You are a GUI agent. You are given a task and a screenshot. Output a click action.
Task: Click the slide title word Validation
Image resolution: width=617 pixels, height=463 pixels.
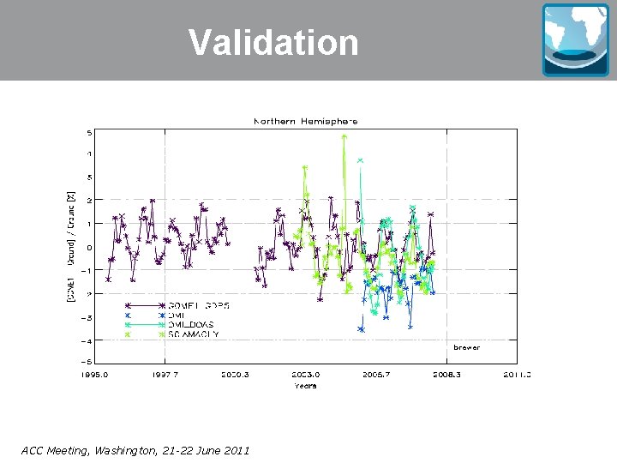[x=273, y=42]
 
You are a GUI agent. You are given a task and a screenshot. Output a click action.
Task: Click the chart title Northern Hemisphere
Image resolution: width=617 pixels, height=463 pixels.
[x=305, y=121]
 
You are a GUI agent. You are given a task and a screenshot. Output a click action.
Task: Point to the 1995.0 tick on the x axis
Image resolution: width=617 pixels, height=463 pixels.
[x=94, y=375]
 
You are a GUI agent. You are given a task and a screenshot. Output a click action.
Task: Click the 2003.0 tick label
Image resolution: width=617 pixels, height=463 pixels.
[x=306, y=375]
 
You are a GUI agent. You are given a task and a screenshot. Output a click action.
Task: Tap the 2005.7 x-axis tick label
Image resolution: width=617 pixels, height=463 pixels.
[x=376, y=375]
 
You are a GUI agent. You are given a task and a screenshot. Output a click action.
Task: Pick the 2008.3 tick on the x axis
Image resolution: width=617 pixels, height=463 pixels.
[x=446, y=375]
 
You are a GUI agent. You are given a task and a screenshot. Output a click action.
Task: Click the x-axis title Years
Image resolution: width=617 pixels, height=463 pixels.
[x=305, y=385]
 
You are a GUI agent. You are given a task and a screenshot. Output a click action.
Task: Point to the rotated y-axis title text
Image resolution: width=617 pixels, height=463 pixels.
[x=72, y=245]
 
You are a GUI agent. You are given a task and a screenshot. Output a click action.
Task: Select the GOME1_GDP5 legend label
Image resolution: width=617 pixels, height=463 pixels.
[x=199, y=305]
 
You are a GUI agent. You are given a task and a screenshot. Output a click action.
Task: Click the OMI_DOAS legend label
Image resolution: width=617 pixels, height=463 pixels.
[x=190, y=325]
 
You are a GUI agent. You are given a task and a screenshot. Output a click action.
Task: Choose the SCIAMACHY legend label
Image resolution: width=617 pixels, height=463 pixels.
[x=194, y=334]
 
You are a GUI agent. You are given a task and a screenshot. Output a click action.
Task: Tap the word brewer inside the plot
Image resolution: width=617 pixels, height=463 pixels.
[x=466, y=347]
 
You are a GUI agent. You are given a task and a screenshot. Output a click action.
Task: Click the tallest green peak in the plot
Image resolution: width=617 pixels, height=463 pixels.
[x=344, y=135]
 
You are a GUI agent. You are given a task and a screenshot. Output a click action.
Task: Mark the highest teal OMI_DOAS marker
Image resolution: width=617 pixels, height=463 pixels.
[x=360, y=160]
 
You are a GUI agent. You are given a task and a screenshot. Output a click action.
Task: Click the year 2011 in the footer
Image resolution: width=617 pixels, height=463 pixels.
[x=234, y=450]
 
